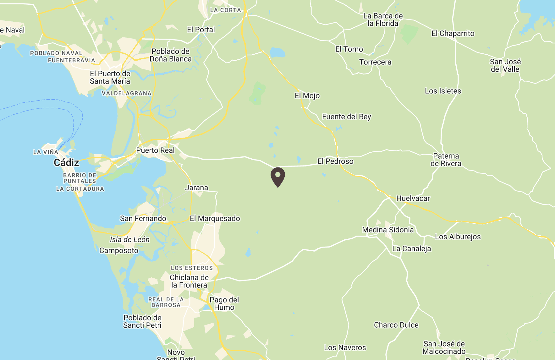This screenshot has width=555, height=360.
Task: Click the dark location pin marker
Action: point(278,177)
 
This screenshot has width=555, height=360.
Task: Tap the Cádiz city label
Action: point(66,162)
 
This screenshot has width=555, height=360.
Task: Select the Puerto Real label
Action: point(155,150)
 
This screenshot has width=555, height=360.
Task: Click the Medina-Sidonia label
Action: point(388,230)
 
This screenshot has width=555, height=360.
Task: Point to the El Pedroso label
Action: point(335,161)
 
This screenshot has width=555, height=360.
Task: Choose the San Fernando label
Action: point(143,218)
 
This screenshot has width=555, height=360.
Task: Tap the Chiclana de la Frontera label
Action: point(189,281)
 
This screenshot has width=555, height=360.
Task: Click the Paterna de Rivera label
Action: point(446,160)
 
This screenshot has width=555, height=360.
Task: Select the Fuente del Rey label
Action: point(347,117)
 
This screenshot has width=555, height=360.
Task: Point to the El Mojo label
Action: point(307,95)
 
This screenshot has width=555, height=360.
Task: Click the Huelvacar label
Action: point(413,198)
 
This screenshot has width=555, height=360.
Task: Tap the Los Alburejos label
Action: point(458,237)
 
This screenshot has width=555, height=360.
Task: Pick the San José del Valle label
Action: point(505,65)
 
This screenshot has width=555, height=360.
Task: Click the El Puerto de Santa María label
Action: point(110,77)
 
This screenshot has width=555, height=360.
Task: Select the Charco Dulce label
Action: point(396,325)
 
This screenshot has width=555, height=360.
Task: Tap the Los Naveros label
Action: point(345,347)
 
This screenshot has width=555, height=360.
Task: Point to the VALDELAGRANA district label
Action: point(127,93)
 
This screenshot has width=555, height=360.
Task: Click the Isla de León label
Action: point(129,239)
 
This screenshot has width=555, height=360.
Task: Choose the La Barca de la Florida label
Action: point(383,19)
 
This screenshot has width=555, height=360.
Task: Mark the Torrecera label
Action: point(375,62)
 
